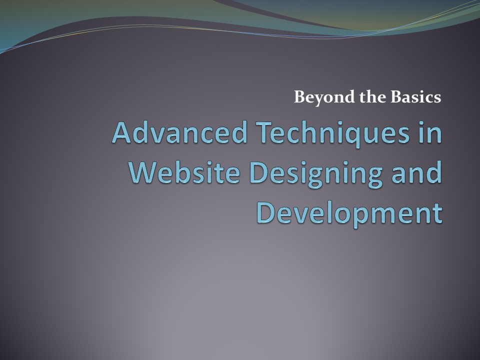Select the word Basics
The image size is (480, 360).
coord(417,96)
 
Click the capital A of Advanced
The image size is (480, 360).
coord(122,133)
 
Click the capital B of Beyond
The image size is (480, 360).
coord(299,96)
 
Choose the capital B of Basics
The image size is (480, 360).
coord(397,96)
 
